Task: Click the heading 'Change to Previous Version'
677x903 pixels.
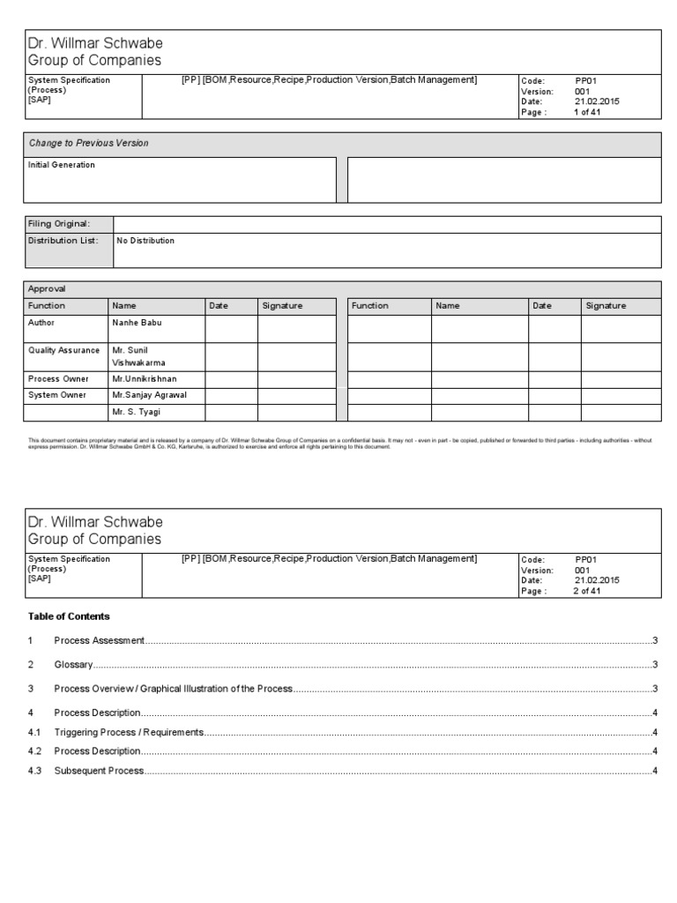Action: tap(88, 143)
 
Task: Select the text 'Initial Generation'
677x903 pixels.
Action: tap(62, 165)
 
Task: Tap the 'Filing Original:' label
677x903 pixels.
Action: tap(59, 224)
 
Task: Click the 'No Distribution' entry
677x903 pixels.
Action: tap(145, 241)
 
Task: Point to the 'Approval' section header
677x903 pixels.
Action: tap(47, 288)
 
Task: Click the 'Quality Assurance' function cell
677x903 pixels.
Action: tap(64, 350)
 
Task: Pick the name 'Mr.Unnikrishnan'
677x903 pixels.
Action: tap(145, 378)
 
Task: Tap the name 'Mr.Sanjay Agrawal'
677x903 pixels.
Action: tap(149, 395)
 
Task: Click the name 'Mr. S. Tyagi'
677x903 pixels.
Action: tap(137, 412)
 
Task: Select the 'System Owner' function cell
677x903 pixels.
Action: tap(57, 395)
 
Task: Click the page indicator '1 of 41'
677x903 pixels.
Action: tap(587, 113)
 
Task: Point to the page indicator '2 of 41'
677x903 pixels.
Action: tap(587, 592)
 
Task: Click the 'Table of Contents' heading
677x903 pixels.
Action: tap(69, 616)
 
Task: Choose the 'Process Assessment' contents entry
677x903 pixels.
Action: tap(99, 640)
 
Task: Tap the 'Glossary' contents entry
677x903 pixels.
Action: tap(73, 665)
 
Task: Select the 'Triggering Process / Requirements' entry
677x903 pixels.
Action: tap(129, 732)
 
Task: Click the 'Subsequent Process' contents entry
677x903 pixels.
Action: tap(99, 772)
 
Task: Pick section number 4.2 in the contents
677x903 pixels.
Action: tap(35, 751)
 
